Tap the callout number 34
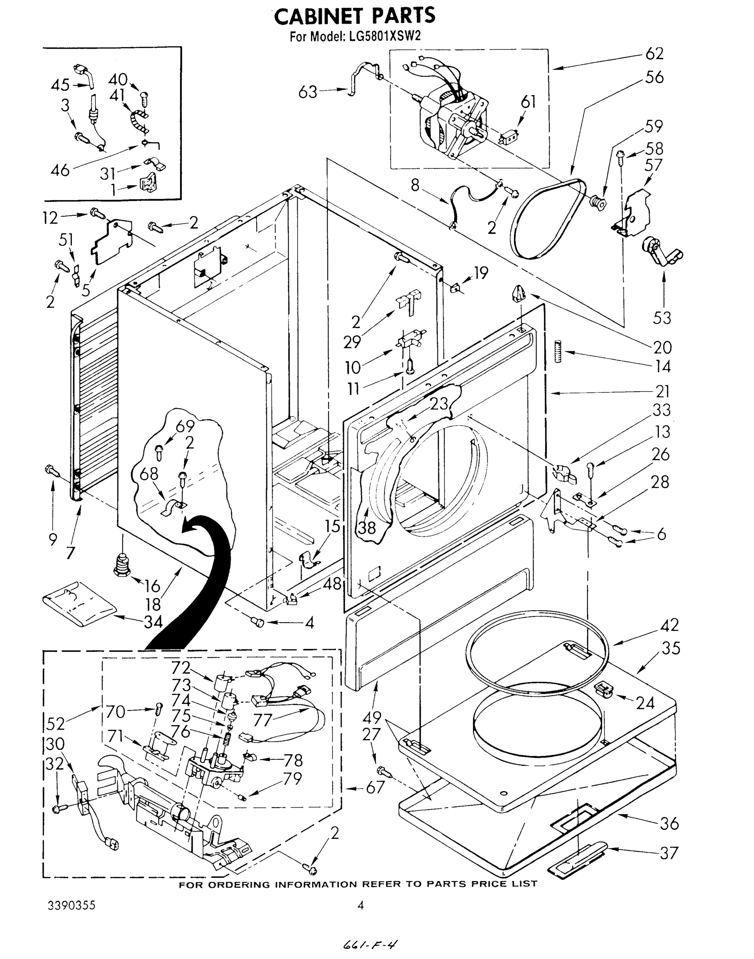pos(153,622)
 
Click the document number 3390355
pos(71,905)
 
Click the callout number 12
pos(50,218)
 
